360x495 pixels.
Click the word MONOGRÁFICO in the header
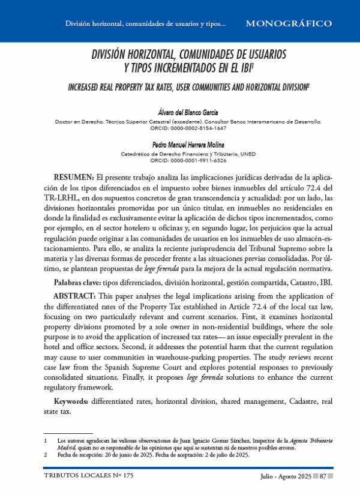[289, 23]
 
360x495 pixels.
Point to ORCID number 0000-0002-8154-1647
[197, 128]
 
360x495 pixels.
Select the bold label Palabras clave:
[77, 265]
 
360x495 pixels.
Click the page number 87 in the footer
[323, 476]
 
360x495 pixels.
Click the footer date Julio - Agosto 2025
[286, 476]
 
